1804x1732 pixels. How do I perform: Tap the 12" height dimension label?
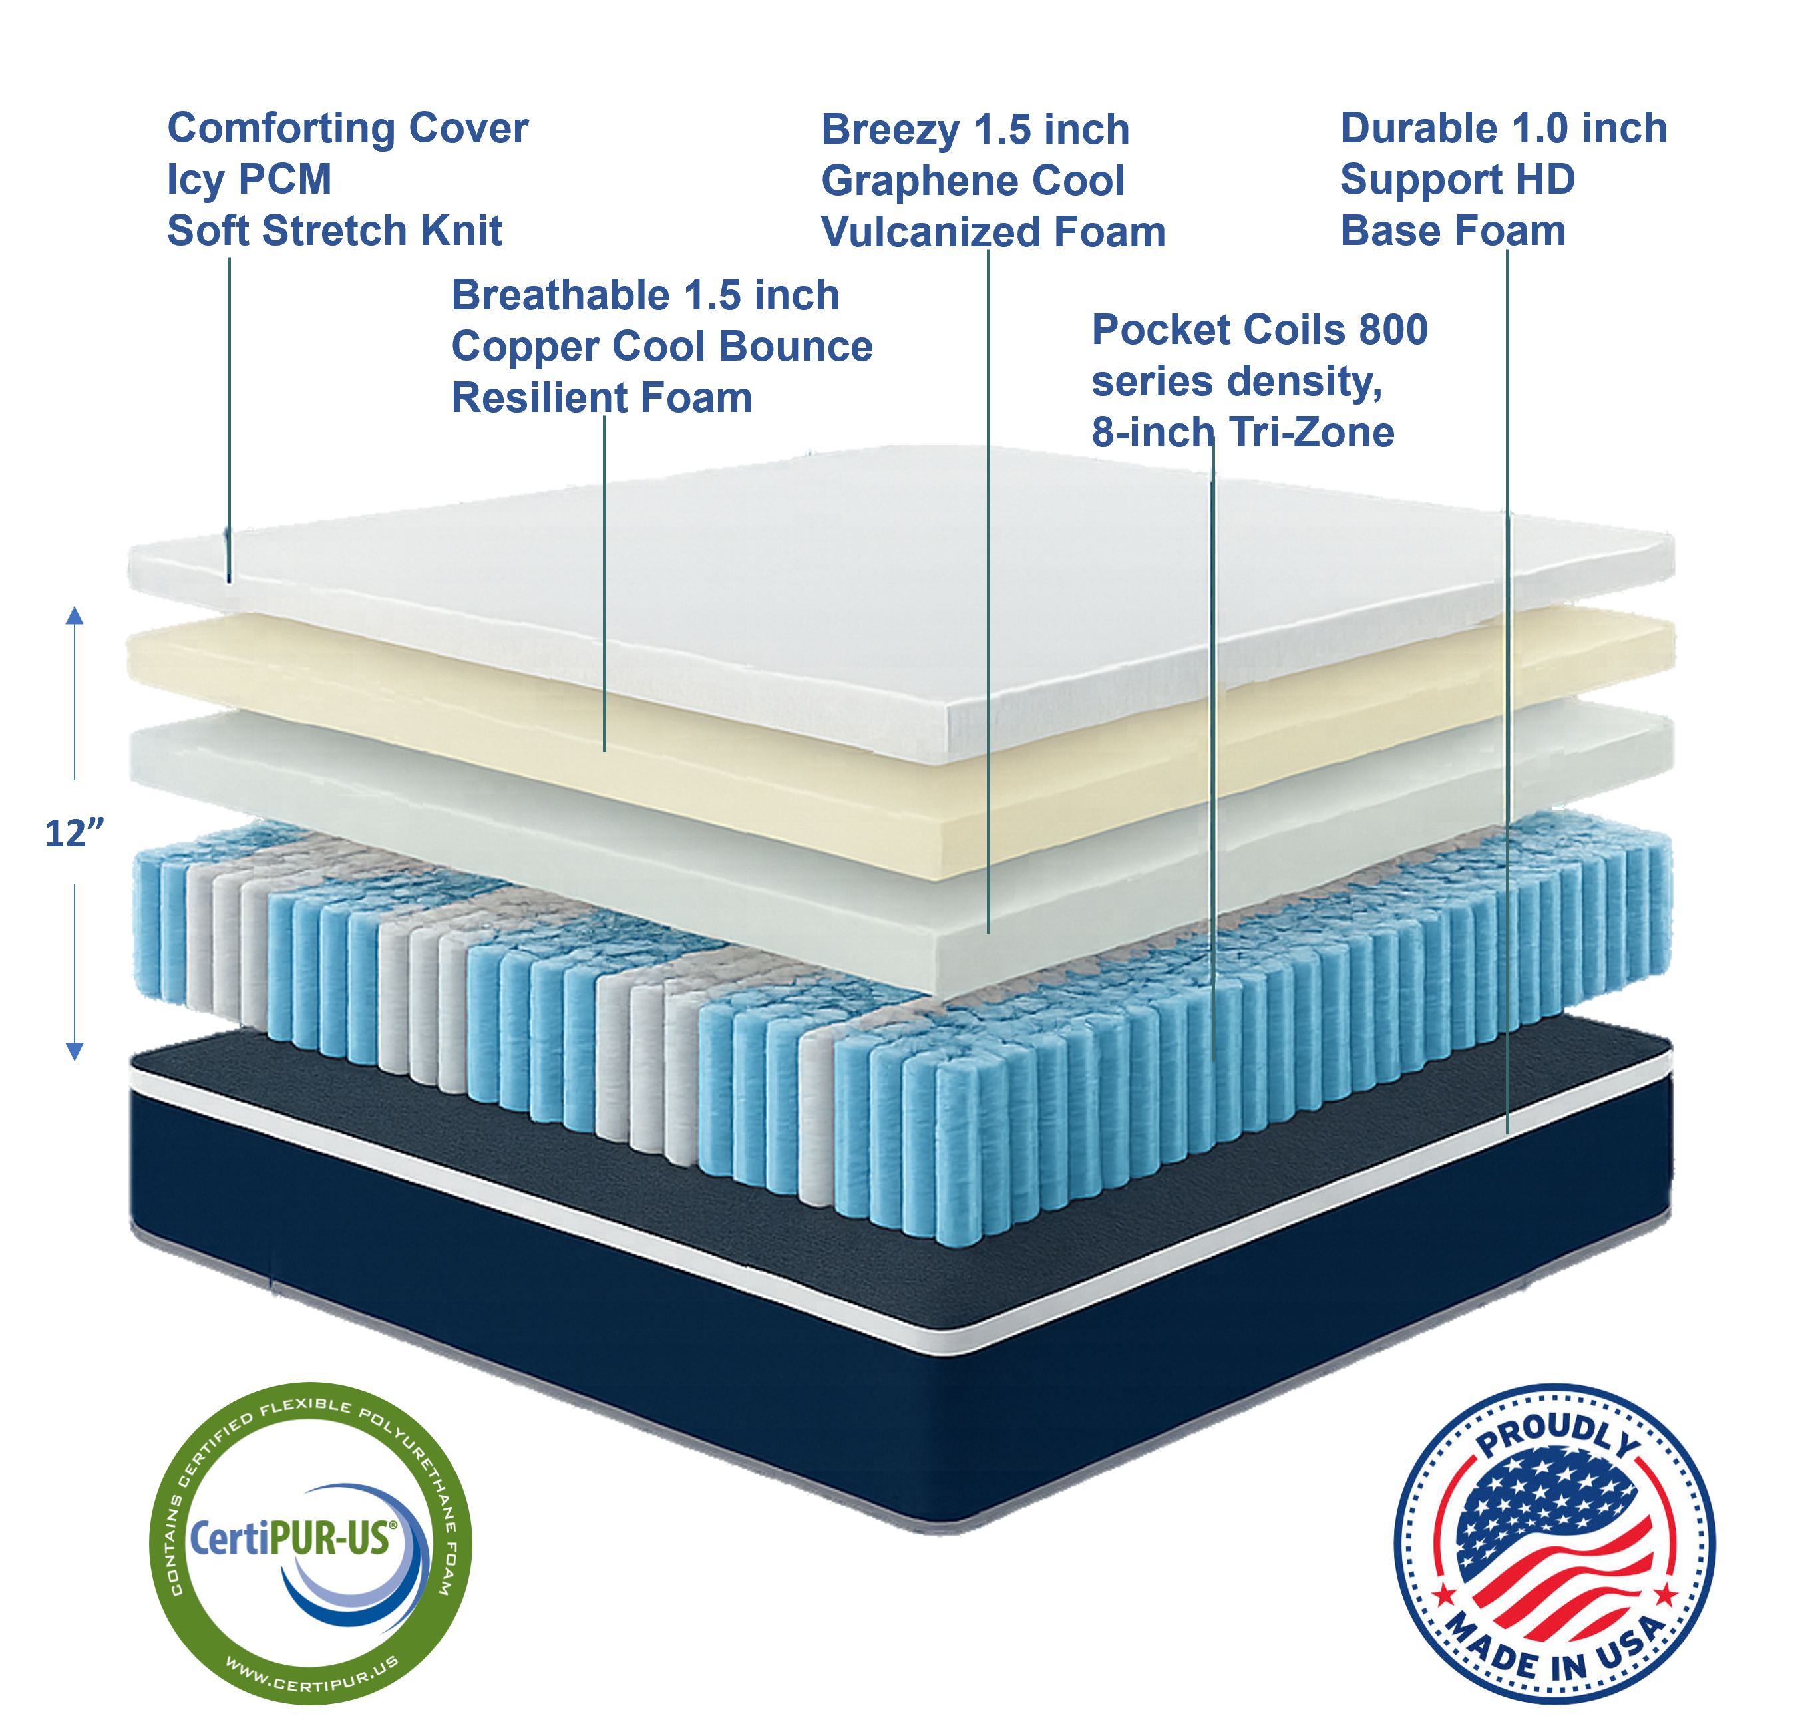[x=74, y=834]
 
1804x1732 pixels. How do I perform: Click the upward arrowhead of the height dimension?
[x=75, y=615]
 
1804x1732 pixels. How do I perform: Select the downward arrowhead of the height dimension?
[x=75, y=1052]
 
